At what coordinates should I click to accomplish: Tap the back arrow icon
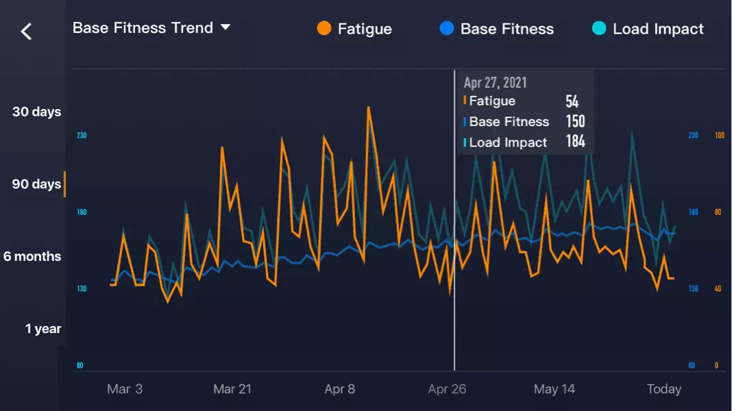pyautogui.click(x=26, y=31)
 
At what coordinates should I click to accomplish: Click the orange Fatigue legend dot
pyautogui.click(x=324, y=29)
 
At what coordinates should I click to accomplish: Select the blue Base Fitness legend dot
pyautogui.click(x=447, y=29)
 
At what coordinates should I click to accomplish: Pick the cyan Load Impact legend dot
pyautogui.click(x=599, y=29)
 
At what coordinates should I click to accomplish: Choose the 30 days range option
pyautogui.click(x=36, y=112)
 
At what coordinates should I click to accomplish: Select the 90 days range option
pyautogui.click(x=36, y=184)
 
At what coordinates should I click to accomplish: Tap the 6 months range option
pyautogui.click(x=32, y=256)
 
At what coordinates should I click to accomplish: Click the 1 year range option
pyautogui.click(x=43, y=329)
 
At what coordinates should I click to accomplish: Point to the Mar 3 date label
pyautogui.click(x=125, y=389)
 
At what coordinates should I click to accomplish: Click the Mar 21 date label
pyautogui.click(x=232, y=389)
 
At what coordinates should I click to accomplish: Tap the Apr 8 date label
pyautogui.click(x=340, y=389)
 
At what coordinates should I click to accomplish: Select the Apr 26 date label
pyautogui.click(x=447, y=389)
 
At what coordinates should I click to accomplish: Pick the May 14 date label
pyautogui.click(x=554, y=389)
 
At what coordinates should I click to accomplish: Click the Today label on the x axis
pyautogui.click(x=663, y=389)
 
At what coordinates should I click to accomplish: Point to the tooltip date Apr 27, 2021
pyautogui.click(x=495, y=83)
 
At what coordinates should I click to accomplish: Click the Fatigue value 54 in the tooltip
pyautogui.click(x=572, y=102)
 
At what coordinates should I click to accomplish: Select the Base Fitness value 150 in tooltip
pyautogui.click(x=575, y=122)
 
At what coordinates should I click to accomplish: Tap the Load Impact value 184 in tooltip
pyautogui.click(x=575, y=142)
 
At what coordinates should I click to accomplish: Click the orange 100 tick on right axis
pyautogui.click(x=719, y=136)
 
